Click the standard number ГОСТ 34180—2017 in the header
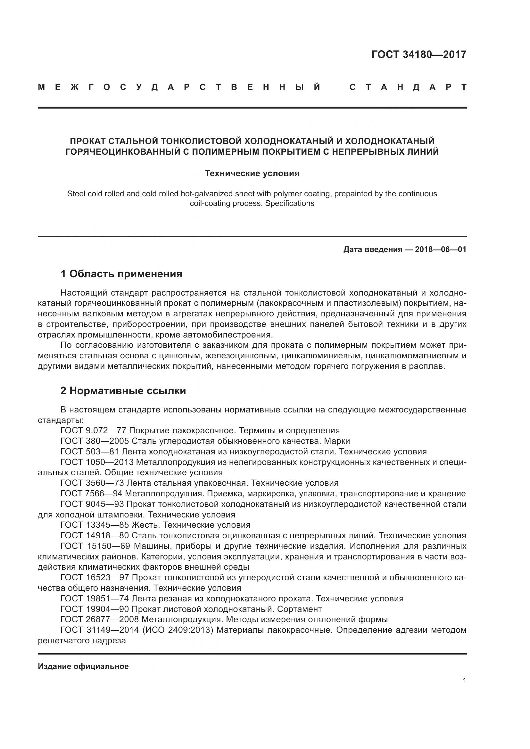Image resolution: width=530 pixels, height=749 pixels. coord(419,54)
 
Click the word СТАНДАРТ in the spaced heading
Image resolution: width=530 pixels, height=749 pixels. coord(408,87)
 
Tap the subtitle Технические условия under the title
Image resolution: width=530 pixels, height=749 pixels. coord(252,173)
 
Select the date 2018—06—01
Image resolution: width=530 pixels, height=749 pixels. coord(441,249)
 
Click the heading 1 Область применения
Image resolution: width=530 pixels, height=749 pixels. coord(121,274)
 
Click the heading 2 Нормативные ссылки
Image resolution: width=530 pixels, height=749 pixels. coord(123,390)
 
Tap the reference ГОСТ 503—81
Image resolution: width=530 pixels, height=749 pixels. coord(90,452)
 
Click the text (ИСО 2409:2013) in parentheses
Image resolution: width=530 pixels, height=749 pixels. coord(178,630)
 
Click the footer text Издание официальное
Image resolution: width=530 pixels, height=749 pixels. coord(83,666)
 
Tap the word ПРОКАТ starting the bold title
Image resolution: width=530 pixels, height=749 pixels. coord(87,141)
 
